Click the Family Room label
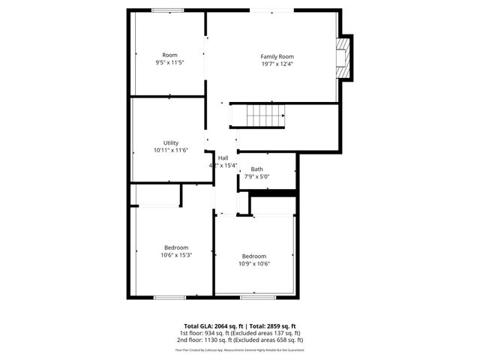[x=277, y=56]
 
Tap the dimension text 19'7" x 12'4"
[x=277, y=64]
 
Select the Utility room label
[x=170, y=142]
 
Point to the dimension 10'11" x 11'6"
[x=170, y=150]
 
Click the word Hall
[x=223, y=157]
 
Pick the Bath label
[x=257, y=169]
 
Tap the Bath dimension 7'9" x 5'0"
[x=257, y=176]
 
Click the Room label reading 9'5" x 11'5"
[x=170, y=58]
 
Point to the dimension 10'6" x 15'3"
[x=176, y=255]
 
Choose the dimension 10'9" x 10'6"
[x=254, y=263]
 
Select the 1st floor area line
[x=239, y=333]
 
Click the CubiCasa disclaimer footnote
[x=239, y=349]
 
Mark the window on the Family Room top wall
[x=272, y=10]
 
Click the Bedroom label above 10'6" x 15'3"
[x=176, y=247]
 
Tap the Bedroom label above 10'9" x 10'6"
[x=254, y=256]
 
